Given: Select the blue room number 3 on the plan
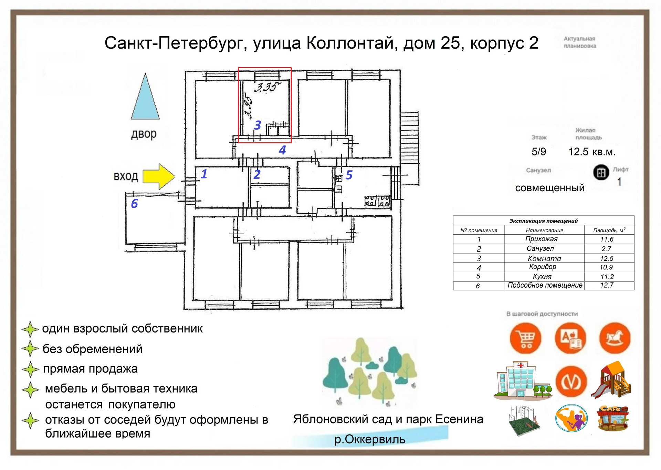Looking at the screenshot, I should point(258,125).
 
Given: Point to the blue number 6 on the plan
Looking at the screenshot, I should point(135,204).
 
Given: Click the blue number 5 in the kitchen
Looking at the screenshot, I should point(349,175).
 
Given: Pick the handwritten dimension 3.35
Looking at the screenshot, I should point(267,86).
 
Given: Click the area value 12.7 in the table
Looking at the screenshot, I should point(607,285).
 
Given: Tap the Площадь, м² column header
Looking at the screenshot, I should point(609,230).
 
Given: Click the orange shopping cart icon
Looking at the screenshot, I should point(526,338).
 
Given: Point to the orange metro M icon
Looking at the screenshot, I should point(571,381).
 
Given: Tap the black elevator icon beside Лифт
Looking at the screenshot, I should point(601,172).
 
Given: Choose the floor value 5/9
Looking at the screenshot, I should point(539,152).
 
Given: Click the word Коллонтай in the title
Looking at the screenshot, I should point(350,43).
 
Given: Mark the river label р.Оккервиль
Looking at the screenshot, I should point(370,439).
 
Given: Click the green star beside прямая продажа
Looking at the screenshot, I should point(30,369).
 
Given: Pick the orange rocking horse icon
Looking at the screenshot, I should point(615,338).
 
